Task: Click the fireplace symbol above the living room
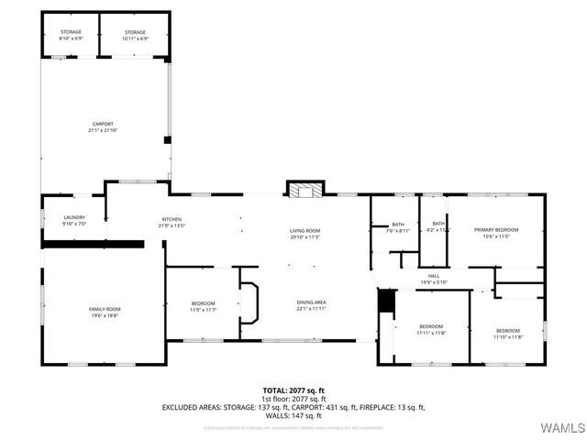[305, 191]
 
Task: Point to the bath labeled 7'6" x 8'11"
[397, 227]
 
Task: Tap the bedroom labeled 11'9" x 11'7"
[203, 306]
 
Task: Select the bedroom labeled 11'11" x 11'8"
[431, 329]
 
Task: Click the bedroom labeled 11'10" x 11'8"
[507, 333]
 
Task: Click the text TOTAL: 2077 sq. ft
[293, 390]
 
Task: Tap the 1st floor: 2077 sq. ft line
[293, 398]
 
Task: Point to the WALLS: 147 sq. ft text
[293, 415]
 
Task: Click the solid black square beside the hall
[386, 301]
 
